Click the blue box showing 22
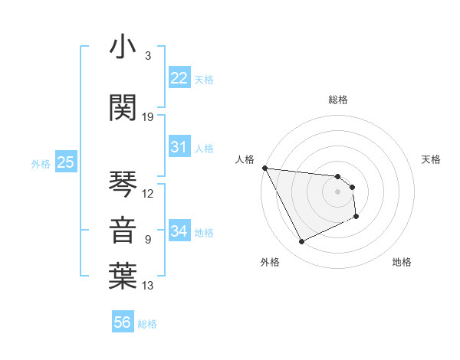pyautogui.click(x=179, y=78)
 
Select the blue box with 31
pyautogui.click(x=179, y=148)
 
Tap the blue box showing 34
pyautogui.click(x=179, y=231)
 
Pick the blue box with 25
pyautogui.click(x=65, y=162)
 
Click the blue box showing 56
pyautogui.click(x=123, y=323)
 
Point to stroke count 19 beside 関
pyautogui.click(x=148, y=117)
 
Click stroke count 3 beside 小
pyautogui.click(x=148, y=56)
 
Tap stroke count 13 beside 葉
pyautogui.click(x=148, y=286)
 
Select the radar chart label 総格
pyautogui.click(x=338, y=100)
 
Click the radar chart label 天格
pyautogui.click(x=432, y=159)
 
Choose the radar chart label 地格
pyautogui.click(x=402, y=262)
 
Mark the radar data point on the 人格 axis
pyautogui.click(x=264, y=168)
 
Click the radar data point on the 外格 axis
pyautogui.click(x=301, y=242)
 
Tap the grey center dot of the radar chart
pyautogui.click(x=338, y=191)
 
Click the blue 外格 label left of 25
pyautogui.click(x=41, y=163)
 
